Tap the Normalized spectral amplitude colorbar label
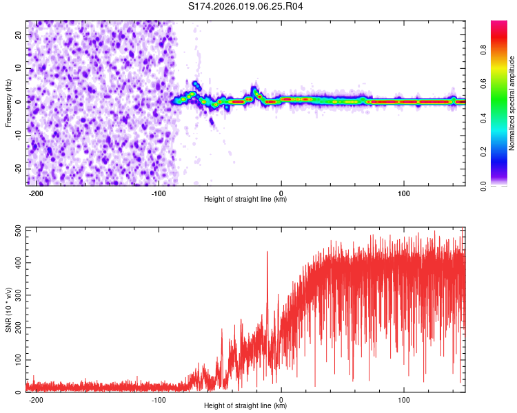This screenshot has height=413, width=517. coord(512,103)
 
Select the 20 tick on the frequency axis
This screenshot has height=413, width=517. coord(20,34)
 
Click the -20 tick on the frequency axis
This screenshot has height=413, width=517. coord(19,169)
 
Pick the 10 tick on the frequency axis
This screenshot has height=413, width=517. coord(20,68)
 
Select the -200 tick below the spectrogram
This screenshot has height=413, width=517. coord(36,193)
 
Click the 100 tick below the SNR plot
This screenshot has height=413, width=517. coord(404,399)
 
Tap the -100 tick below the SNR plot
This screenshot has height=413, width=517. coord(158,399)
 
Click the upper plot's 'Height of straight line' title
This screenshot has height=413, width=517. coord(245,200)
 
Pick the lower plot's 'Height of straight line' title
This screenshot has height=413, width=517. coord(245,406)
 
